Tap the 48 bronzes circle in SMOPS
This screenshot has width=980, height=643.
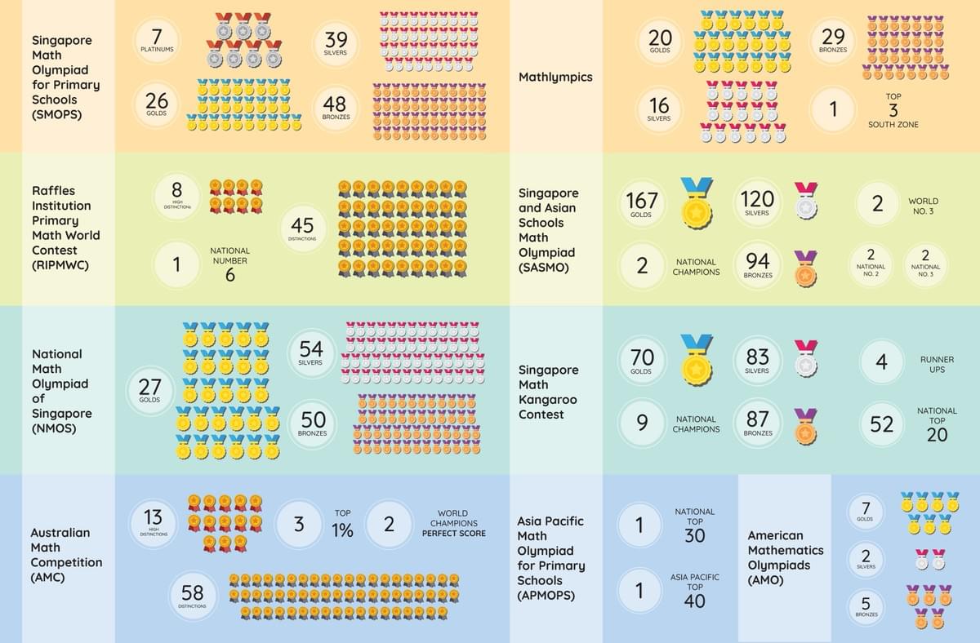[335, 108]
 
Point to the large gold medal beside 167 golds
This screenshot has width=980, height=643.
[697, 203]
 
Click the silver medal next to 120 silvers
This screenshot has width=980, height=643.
[806, 201]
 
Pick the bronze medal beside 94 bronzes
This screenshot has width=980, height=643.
[805, 268]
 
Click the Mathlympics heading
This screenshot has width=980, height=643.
[555, 78]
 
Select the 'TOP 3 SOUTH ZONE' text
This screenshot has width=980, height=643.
[893, 110]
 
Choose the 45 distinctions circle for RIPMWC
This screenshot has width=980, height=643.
[302, 228]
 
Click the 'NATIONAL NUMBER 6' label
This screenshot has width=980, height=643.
[229, 264]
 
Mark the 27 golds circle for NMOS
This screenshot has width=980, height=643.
[149, 390]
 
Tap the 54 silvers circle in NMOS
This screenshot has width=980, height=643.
[311, 353]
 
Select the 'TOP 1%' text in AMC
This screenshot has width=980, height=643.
[342, 525]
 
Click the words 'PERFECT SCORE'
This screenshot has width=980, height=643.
[453, 534]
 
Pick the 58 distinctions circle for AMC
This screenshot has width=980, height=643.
[193, 593]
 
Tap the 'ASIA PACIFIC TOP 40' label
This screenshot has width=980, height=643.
[694, 590]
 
